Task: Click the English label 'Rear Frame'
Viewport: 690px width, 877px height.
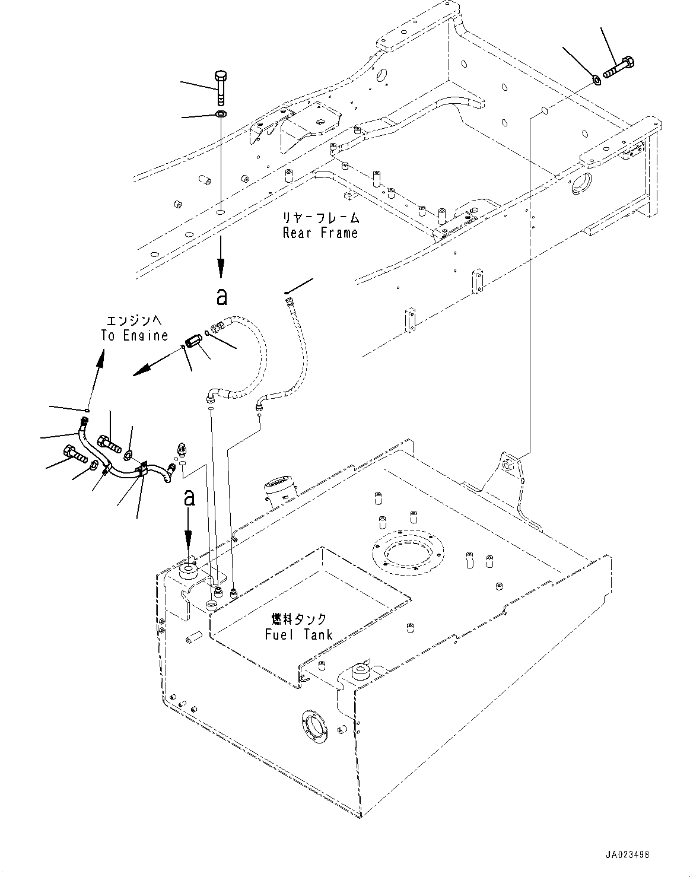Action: (x=320, y=233)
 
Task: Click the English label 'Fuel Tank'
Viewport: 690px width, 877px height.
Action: (x=299, y=634)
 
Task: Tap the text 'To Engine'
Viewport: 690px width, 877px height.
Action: (x=135, y=335)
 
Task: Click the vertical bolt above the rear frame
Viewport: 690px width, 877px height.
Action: (x=221, y=88)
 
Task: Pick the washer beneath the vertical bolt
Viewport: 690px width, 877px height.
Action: (x=221, y=114)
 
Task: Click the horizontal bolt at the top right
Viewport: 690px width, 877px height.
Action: (x=619, y=68)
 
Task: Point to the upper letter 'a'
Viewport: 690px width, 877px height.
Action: (x=221, y=297)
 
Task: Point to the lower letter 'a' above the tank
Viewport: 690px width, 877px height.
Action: (x=189, y=498)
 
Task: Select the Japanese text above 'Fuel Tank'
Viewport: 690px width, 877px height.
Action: (x=299, y=619)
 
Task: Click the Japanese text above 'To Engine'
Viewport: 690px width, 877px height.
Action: (x=134, y=320)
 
